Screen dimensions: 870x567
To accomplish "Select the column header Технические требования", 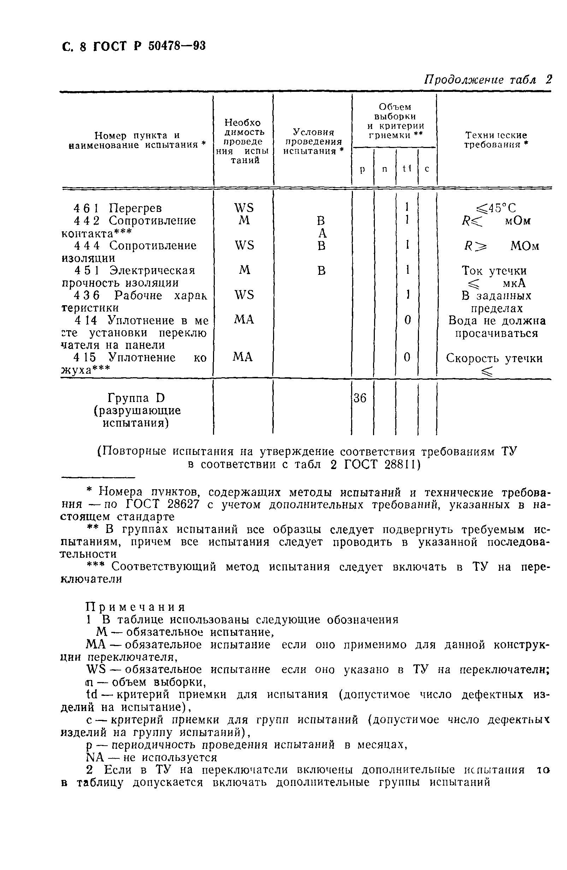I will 496,140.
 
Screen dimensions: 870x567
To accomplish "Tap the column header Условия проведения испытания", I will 313,141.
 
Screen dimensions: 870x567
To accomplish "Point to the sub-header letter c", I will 427,169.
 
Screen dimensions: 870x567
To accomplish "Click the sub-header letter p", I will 362,169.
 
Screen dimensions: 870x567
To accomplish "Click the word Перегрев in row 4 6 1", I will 135,208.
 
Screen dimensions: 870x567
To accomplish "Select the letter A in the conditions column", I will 322,233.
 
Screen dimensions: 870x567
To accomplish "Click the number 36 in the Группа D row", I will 360,398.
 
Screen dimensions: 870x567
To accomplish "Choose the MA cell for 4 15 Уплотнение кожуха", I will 243,357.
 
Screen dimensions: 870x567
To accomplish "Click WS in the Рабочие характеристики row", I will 244,295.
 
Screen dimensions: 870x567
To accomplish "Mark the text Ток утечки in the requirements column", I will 494,271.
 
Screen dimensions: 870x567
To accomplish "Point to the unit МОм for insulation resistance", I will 525,246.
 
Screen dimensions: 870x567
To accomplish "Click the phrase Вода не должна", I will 497,321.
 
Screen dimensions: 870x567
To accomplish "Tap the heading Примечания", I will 135,607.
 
